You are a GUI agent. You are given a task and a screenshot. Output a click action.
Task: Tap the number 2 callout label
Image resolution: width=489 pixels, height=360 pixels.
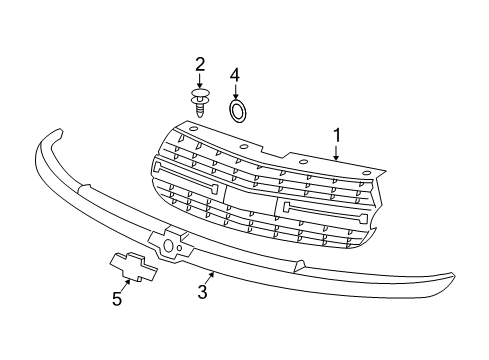pyautogui.click(x=200, y=66)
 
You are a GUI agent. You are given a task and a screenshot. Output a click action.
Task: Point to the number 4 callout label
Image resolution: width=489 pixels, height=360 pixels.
pyautogui.click(x=235, y=75)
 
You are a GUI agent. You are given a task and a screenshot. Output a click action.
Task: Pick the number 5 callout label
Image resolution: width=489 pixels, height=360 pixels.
pyautogui.click(x=117, y=297)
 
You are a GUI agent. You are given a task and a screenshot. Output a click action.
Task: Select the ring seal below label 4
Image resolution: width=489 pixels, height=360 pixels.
pyautogui.click(x=238, y=109)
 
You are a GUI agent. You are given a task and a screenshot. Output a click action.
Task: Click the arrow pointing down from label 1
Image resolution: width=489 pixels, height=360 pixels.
pyautogui.click(x=337, y=153)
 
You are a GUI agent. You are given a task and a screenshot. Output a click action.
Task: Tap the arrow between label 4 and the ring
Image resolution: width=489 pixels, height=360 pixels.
pyautogui.click(x=236, y=91)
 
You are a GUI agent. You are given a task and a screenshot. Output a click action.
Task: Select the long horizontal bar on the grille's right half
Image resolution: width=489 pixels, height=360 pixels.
pyautogui.click(x=329, y=213)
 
